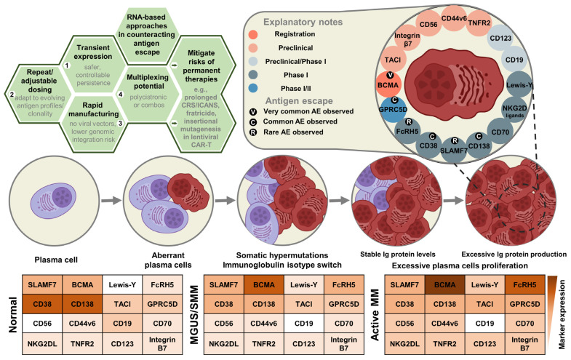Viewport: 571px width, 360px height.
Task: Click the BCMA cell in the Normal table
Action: [82, 284]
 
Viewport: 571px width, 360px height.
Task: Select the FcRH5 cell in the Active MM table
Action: [524, 284]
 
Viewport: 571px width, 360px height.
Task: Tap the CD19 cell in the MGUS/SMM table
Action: [304, 323]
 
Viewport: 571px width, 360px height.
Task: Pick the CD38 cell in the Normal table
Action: [42, 304]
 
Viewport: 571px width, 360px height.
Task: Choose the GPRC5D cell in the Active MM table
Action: [524, 304]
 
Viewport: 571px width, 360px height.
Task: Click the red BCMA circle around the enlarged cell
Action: [388, 85]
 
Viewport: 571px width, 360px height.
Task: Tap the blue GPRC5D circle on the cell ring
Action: [393, 109]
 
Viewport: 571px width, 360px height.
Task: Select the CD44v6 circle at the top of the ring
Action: [454, 18]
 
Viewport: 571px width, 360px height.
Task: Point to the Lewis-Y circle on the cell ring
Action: [519, 85]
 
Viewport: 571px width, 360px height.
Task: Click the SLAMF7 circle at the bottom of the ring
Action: [454, 150]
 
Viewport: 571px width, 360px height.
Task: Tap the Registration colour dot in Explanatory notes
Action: [253, 35]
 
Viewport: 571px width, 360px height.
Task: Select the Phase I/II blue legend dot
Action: [253, 88]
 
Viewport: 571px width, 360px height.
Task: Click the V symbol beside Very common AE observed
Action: [252, 112]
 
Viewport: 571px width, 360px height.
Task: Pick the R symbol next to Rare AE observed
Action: [252, 132]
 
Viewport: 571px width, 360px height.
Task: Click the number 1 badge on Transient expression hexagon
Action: [67, 65]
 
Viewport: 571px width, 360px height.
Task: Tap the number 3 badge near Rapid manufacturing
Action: [120, 124]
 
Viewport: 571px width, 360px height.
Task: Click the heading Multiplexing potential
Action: [148, 81]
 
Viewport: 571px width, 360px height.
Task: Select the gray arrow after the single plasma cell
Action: [111, 200]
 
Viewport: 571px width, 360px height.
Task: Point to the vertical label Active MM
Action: [375, 315]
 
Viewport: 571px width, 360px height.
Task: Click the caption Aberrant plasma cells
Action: [168, 260]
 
